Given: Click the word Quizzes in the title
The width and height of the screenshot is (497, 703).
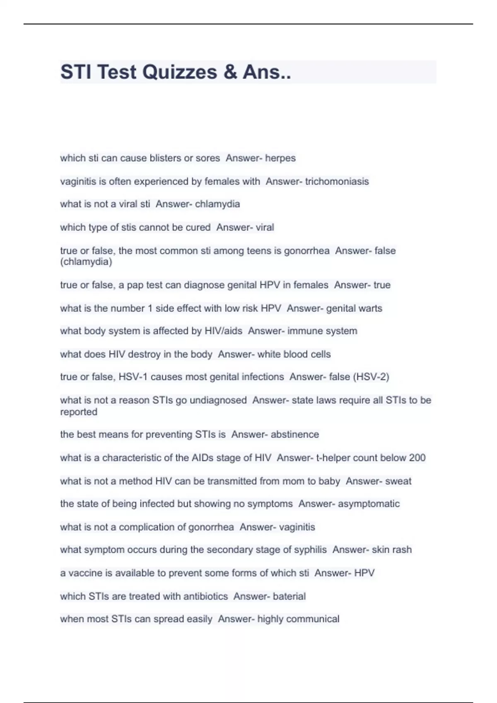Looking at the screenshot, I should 180,72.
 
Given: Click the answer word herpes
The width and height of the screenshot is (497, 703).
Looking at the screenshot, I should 280,158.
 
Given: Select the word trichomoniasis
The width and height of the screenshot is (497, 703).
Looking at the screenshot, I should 337,181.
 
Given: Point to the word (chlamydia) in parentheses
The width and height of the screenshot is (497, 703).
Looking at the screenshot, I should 86,262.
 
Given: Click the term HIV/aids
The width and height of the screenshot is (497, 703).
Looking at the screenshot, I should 224,331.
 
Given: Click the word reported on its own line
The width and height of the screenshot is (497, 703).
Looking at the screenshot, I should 79,412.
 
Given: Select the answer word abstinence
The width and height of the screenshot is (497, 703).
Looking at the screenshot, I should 295,434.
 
